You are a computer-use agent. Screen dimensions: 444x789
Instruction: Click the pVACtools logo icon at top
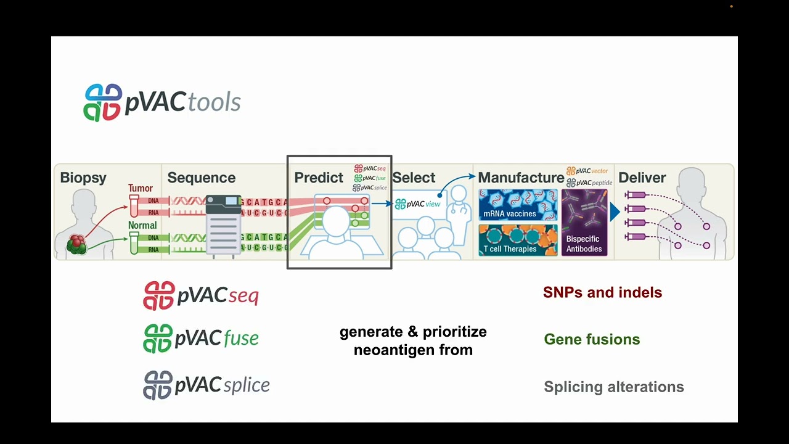[103, 102]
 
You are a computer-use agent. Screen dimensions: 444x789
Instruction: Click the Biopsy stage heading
[83, 178]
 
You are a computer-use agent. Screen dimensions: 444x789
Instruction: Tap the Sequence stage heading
[201, 178]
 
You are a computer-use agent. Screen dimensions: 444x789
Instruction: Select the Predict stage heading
[318, 178]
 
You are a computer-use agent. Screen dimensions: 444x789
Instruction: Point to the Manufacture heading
[521, 178]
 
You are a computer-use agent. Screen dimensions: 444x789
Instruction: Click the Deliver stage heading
[642, 178]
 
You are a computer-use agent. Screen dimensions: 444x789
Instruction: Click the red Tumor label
[141, 188]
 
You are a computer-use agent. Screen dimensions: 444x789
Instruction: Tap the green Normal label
[142, 225]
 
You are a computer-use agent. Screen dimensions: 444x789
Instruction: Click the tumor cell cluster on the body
[76, 244]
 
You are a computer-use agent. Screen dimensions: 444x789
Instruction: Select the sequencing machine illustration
[223, 225]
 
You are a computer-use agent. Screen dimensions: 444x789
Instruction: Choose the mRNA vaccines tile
[518, 205]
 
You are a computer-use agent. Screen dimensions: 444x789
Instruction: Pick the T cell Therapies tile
[518, 240]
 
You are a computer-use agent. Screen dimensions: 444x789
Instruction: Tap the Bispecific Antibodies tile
[584, 223]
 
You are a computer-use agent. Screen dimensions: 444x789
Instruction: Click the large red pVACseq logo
[201, 296]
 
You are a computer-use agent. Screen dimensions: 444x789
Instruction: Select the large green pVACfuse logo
[201, 339]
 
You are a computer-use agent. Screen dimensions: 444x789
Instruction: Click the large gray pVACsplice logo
[206, 385]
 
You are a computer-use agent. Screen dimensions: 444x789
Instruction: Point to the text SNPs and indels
[602, 292]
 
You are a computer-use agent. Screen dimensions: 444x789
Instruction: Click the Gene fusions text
[592, 339]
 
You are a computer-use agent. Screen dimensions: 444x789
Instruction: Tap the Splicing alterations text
[613, 387]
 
